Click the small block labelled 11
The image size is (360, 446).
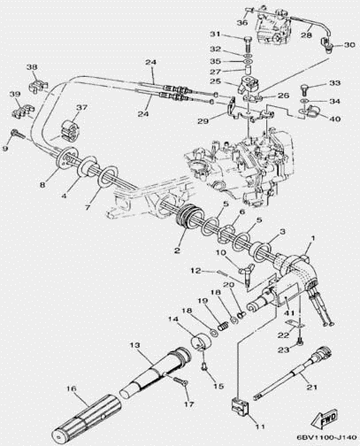click(239, 407)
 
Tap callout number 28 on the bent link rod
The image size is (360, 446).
click(307, 35)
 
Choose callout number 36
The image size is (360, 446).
click(241, 22)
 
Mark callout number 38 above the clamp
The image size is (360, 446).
click(31, 68)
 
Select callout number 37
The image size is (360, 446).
click(82, 107)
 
